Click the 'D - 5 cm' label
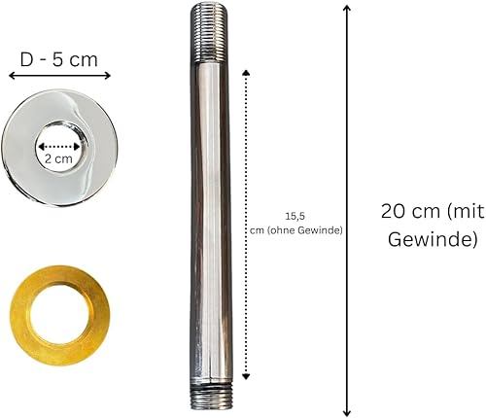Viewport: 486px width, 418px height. coord(58,60)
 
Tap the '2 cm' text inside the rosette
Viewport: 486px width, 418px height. coord(58,158)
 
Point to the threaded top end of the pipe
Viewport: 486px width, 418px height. coord(209,32)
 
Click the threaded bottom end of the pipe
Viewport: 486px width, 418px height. coord(211,398)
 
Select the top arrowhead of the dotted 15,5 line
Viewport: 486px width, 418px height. coord(246,72)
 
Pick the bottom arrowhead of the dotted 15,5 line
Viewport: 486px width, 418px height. coord(246,376)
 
